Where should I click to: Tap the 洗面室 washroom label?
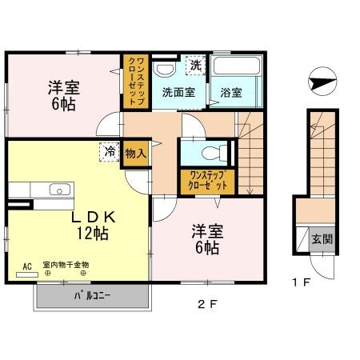[178, 92]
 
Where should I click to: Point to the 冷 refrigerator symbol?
[107, 151]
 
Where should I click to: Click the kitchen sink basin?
[58, 190]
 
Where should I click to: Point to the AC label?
[26, 265]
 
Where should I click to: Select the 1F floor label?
[302, 282]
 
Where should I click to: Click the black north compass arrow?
[319, 81]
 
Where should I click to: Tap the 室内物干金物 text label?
[66, 265]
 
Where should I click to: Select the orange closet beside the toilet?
[202, 179]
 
